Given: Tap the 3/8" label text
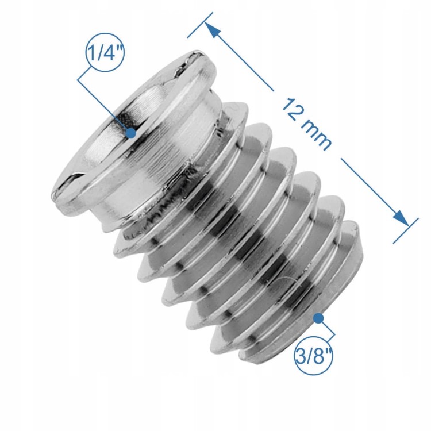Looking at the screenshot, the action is click(314, 355).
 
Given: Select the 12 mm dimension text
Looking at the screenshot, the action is click(307, 124).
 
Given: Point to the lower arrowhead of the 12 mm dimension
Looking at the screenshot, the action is click(402, 218).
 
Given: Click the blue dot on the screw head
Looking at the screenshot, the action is click(131, 133).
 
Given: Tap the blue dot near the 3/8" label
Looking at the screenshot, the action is click(318, 318).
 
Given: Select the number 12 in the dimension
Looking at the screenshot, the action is click(291, 109).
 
